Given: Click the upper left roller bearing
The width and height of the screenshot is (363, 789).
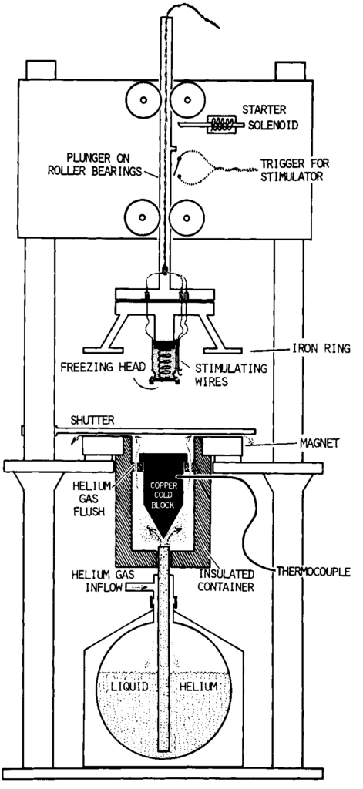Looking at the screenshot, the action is pos(143,99).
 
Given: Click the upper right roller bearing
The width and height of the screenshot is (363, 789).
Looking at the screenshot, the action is pos(187,99).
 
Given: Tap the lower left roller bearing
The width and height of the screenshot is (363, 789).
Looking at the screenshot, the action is pos(143,217).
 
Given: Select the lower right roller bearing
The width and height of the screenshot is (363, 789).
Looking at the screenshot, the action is pos(187,217).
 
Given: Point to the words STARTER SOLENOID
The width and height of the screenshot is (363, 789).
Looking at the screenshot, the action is pos(269,117).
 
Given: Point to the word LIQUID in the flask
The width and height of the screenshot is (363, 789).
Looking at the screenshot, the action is pos(129,687).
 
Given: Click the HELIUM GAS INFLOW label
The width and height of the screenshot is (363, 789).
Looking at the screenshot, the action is pos(96,581).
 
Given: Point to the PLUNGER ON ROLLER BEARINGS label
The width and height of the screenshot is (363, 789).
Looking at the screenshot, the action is pos(98,164).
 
